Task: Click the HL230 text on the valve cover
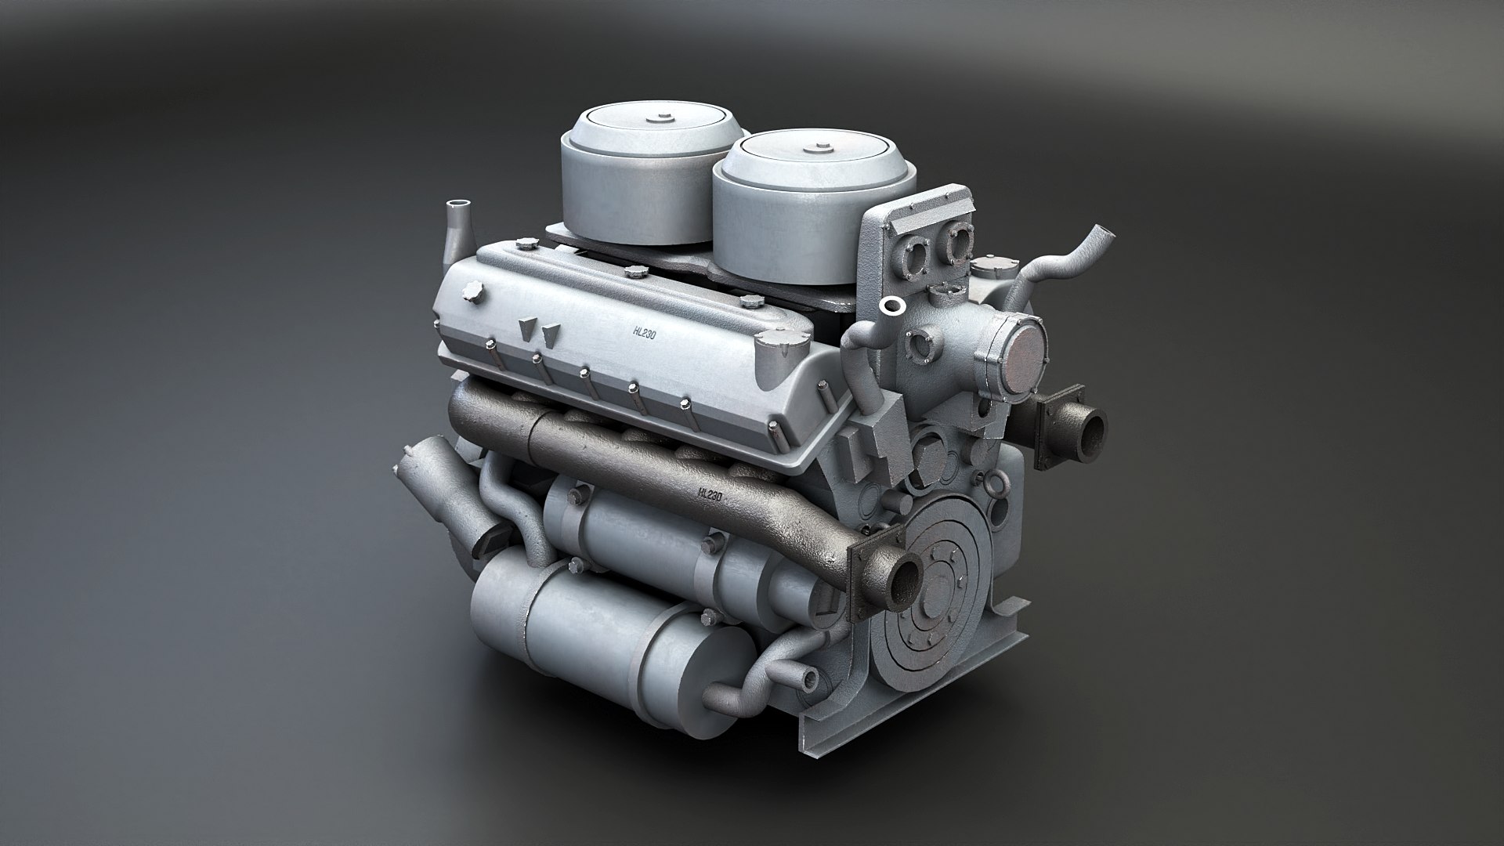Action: [x=645, y=331]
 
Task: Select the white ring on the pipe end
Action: [x=890, y=305]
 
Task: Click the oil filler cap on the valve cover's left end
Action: [x=472, y=292]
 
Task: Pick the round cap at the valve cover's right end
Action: [x=773, y=342]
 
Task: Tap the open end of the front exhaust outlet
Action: [x=906, y=584]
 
